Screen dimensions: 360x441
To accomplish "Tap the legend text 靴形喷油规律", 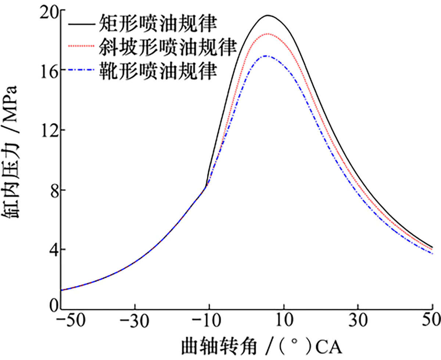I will [157, 70].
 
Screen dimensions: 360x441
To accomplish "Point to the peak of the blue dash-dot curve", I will [266, 56].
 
